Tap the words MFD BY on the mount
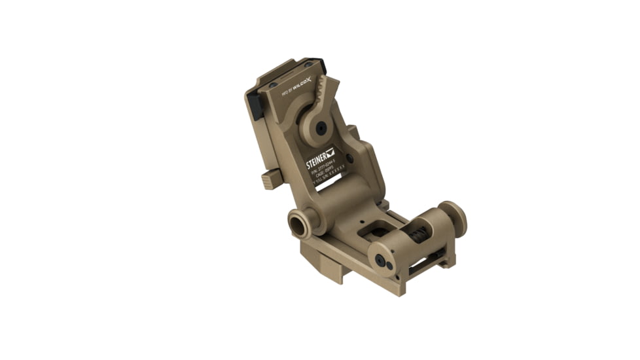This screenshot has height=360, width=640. click(285, 93)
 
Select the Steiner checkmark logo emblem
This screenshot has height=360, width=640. click(330, 152)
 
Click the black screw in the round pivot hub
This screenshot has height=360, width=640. click(320, 128)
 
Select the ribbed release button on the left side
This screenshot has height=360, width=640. click(268, 179)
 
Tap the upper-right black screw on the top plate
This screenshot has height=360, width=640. click(308, 63)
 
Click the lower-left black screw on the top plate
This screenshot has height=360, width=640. click(271, 86)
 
